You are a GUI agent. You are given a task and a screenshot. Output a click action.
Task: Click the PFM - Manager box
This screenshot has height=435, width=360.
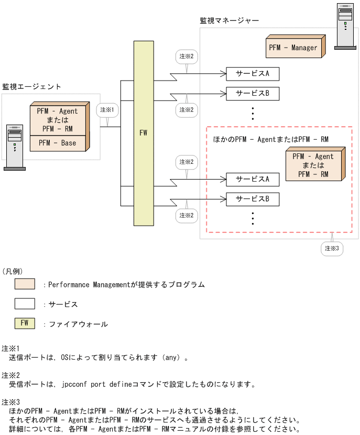tap(293, 47)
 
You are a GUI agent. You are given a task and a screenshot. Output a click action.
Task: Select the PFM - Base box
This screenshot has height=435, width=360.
tap(57, 143)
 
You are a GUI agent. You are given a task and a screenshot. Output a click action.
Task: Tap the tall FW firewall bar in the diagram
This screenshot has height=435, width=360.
tap(144, 133)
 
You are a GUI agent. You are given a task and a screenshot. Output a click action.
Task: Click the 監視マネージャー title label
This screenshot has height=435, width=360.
tap(229, 20)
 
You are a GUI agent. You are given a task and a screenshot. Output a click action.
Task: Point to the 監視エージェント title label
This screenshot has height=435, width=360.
tap(31, 86)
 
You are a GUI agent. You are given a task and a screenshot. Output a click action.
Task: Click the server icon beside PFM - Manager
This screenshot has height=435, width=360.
tap(345, 26)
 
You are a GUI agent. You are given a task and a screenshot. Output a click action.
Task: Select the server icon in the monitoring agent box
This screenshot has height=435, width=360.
tap(15, 147)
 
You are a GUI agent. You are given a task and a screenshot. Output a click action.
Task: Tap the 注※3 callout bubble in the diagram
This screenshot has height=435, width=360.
tap(332, 248)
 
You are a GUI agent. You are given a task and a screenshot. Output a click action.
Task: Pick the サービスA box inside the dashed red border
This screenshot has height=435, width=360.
tap(252, 179)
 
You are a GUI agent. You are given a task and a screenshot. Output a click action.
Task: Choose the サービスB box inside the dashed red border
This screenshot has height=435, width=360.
tap(252, 199)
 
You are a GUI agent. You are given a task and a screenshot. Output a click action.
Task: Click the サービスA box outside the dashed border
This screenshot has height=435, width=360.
tap(252, 74)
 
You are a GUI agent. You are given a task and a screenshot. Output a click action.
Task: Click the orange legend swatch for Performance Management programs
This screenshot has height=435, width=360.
tap(25, 284)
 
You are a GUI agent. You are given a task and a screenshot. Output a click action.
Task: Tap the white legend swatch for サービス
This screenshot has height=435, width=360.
tap(25, 304)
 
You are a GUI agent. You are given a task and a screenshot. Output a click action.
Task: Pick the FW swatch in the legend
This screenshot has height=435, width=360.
tap(25, 324)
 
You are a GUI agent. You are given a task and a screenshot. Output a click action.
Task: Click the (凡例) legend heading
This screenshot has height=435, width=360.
tap(13, 271)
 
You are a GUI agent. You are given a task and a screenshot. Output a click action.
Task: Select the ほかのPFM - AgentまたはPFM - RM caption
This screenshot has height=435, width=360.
tap(270, 139)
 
